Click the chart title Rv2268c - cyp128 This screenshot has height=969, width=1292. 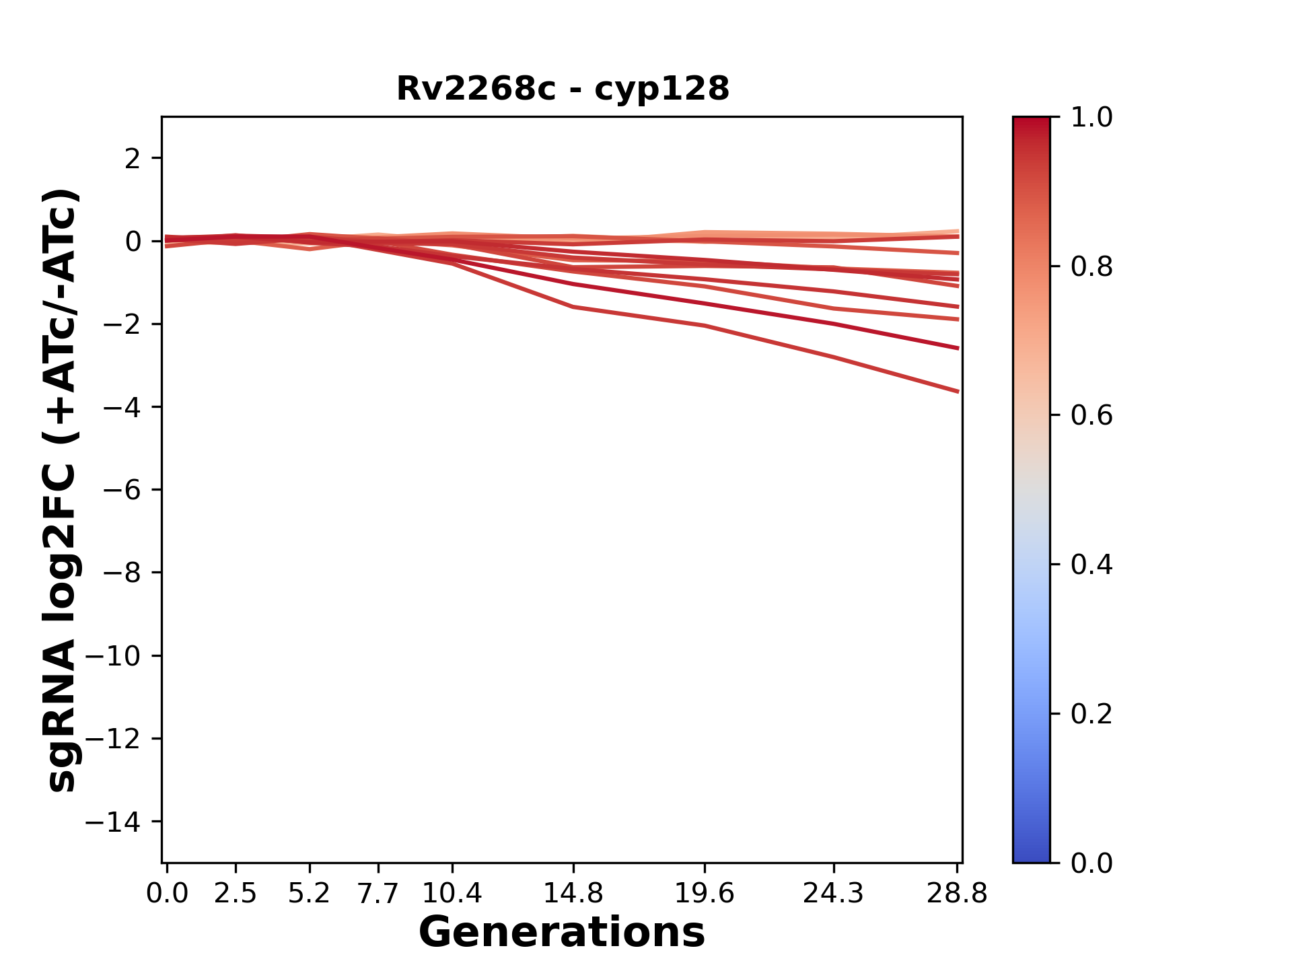click(563, 89)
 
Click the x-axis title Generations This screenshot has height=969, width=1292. click(562, 933)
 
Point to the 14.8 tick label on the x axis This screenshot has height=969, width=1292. click(573, 894)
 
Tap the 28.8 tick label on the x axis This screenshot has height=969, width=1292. click(957, 894)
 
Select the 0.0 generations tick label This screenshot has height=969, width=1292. click(167, 894)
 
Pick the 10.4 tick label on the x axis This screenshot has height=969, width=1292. click(452, 894)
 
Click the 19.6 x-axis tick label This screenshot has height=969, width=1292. click(704, 894)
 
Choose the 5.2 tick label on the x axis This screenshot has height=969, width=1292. click(309, 894)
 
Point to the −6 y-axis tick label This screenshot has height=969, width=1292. click(122, 490)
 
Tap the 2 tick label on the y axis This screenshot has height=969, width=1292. click(133, 159)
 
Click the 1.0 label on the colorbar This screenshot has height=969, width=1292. click(1091, 118)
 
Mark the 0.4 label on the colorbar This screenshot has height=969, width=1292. click(1091, 565)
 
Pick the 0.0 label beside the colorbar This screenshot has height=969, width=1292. click(1091, 863)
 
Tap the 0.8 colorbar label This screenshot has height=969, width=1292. click(1091, 267)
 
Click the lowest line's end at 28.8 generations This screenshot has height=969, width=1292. click(957, 391)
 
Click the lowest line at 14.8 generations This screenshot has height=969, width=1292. click(573, 307)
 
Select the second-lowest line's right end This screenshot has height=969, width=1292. click(957, 348)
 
